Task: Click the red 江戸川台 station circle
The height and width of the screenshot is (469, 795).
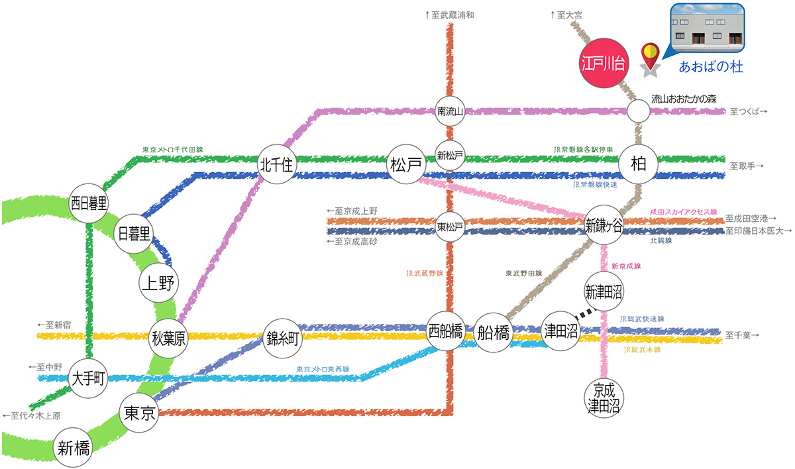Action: [603, 64]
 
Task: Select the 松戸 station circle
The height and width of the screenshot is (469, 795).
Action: [406, 166]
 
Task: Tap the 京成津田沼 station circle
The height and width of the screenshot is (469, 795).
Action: [604, 397]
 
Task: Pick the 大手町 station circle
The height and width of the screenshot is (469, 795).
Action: [88, 380]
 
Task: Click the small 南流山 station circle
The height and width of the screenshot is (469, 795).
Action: [449, 111]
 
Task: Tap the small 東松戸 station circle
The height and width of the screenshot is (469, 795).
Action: [449, 226]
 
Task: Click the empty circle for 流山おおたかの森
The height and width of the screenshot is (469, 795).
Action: [639, 111]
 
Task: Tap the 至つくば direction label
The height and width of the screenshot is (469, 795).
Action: [749, 113]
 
